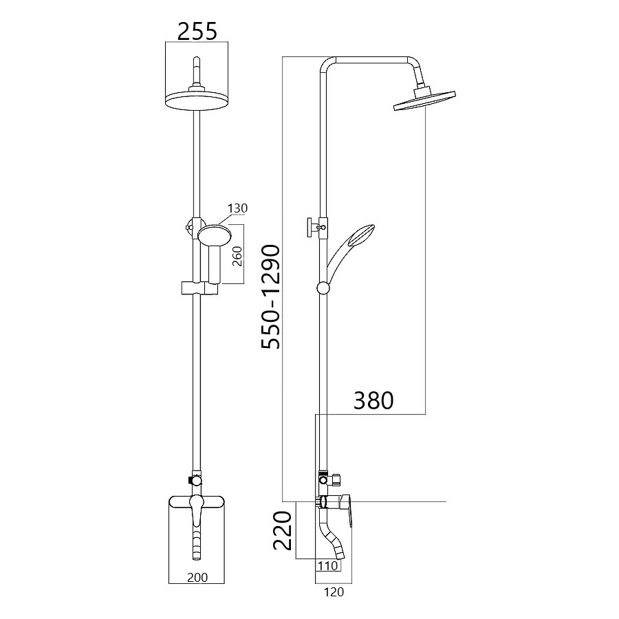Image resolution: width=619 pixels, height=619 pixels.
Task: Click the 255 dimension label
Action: point(197,31)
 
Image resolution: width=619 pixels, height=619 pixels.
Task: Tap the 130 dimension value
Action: point(238,208)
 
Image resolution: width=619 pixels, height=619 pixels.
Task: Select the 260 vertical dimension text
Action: point(237,256)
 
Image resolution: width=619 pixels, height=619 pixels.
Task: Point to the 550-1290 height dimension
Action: point(271,297)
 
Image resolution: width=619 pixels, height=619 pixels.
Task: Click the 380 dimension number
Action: point(373,400)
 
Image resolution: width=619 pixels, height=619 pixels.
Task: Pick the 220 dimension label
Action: point(283,530)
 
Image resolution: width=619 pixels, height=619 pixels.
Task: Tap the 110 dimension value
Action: point(328,566)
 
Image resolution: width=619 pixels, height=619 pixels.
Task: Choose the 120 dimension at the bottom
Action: point(334,592)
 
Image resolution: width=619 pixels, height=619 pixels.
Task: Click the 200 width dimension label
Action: point(197,577)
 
